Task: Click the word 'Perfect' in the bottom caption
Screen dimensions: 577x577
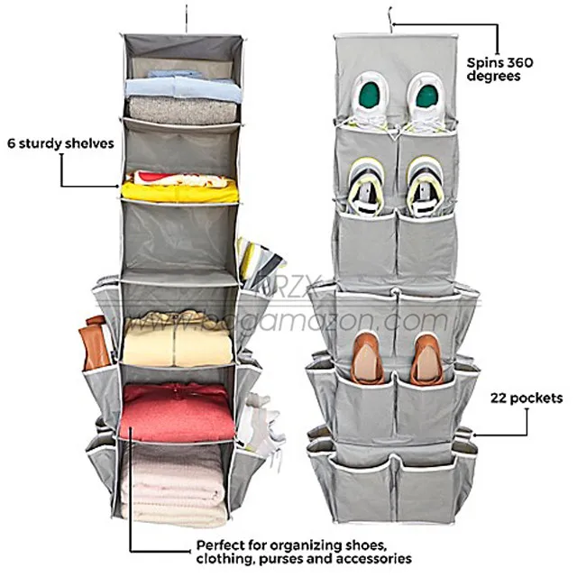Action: [218, 545]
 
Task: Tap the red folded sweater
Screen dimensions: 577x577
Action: [177, 413]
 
